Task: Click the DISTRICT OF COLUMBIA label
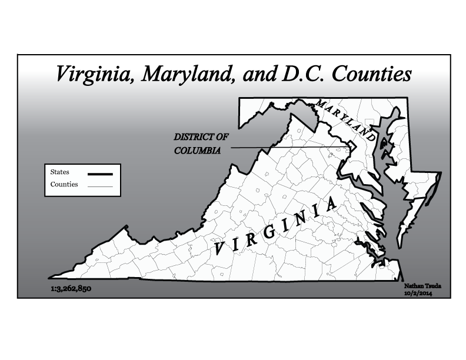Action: point(200,144)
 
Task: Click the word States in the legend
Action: point(60,172)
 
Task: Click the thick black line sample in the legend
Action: point(99,174)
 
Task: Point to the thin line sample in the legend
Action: point(99,186)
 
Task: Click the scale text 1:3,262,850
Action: point(71,289)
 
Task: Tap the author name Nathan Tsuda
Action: point(422,286)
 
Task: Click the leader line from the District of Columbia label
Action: point(282,148)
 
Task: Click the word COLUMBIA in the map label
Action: point(198,151)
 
